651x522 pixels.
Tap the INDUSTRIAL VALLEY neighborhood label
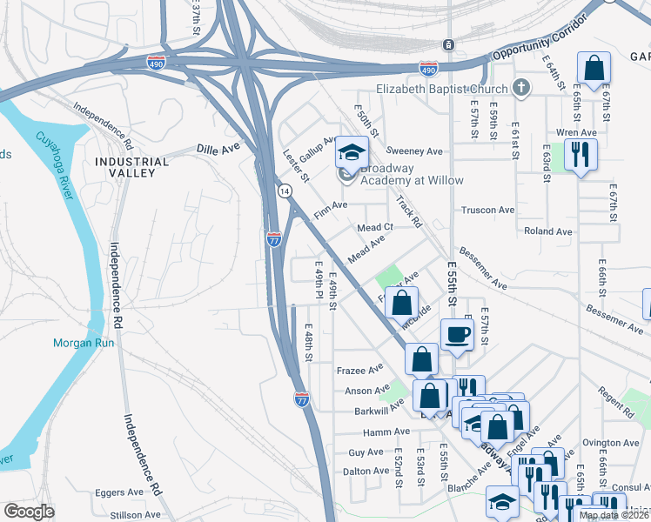(132, 167)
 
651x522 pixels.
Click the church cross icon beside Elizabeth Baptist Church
(520, 88)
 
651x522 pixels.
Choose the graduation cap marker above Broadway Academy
(352, 152)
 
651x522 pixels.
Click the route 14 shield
(285, 190)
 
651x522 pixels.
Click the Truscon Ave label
(487, 210)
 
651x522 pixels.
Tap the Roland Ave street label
(547, 231)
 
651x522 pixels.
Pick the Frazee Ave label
(359, 369)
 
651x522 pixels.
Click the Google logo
(29, 512)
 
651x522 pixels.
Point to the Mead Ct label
(376, 227)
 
